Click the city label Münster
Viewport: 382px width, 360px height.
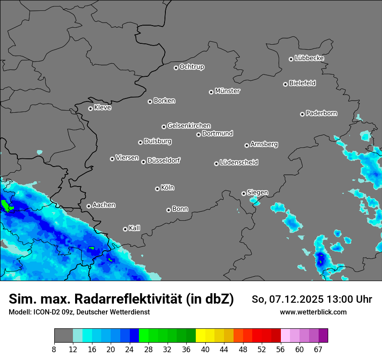(x=227, y=91)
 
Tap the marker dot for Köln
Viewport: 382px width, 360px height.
(x=157, y=189)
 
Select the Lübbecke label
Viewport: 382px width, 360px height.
(x=309, y=58)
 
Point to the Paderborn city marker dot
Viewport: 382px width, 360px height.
(x=303, y=114)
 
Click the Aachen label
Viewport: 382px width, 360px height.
(x=104, y=205)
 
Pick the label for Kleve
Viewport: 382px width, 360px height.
(x=102, y=108)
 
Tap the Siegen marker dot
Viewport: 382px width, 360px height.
(x=244, y=193)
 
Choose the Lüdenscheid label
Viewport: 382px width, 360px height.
(x=239, y=163)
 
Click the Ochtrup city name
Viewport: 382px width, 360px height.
(x=192, y=67)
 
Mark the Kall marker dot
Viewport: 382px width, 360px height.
(x=125, y=229)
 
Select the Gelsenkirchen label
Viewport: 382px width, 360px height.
(x=189, y=126)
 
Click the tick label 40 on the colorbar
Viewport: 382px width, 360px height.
(x=205, y=350)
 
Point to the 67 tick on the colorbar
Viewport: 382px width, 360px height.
(x=318, y=350)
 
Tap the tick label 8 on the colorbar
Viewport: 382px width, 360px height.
(x=54, y=350)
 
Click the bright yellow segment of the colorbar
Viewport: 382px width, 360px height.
(x=201, y=336)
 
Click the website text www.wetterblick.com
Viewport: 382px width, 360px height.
(x=313, y=312)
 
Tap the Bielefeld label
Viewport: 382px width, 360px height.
(x=302, y=83)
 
